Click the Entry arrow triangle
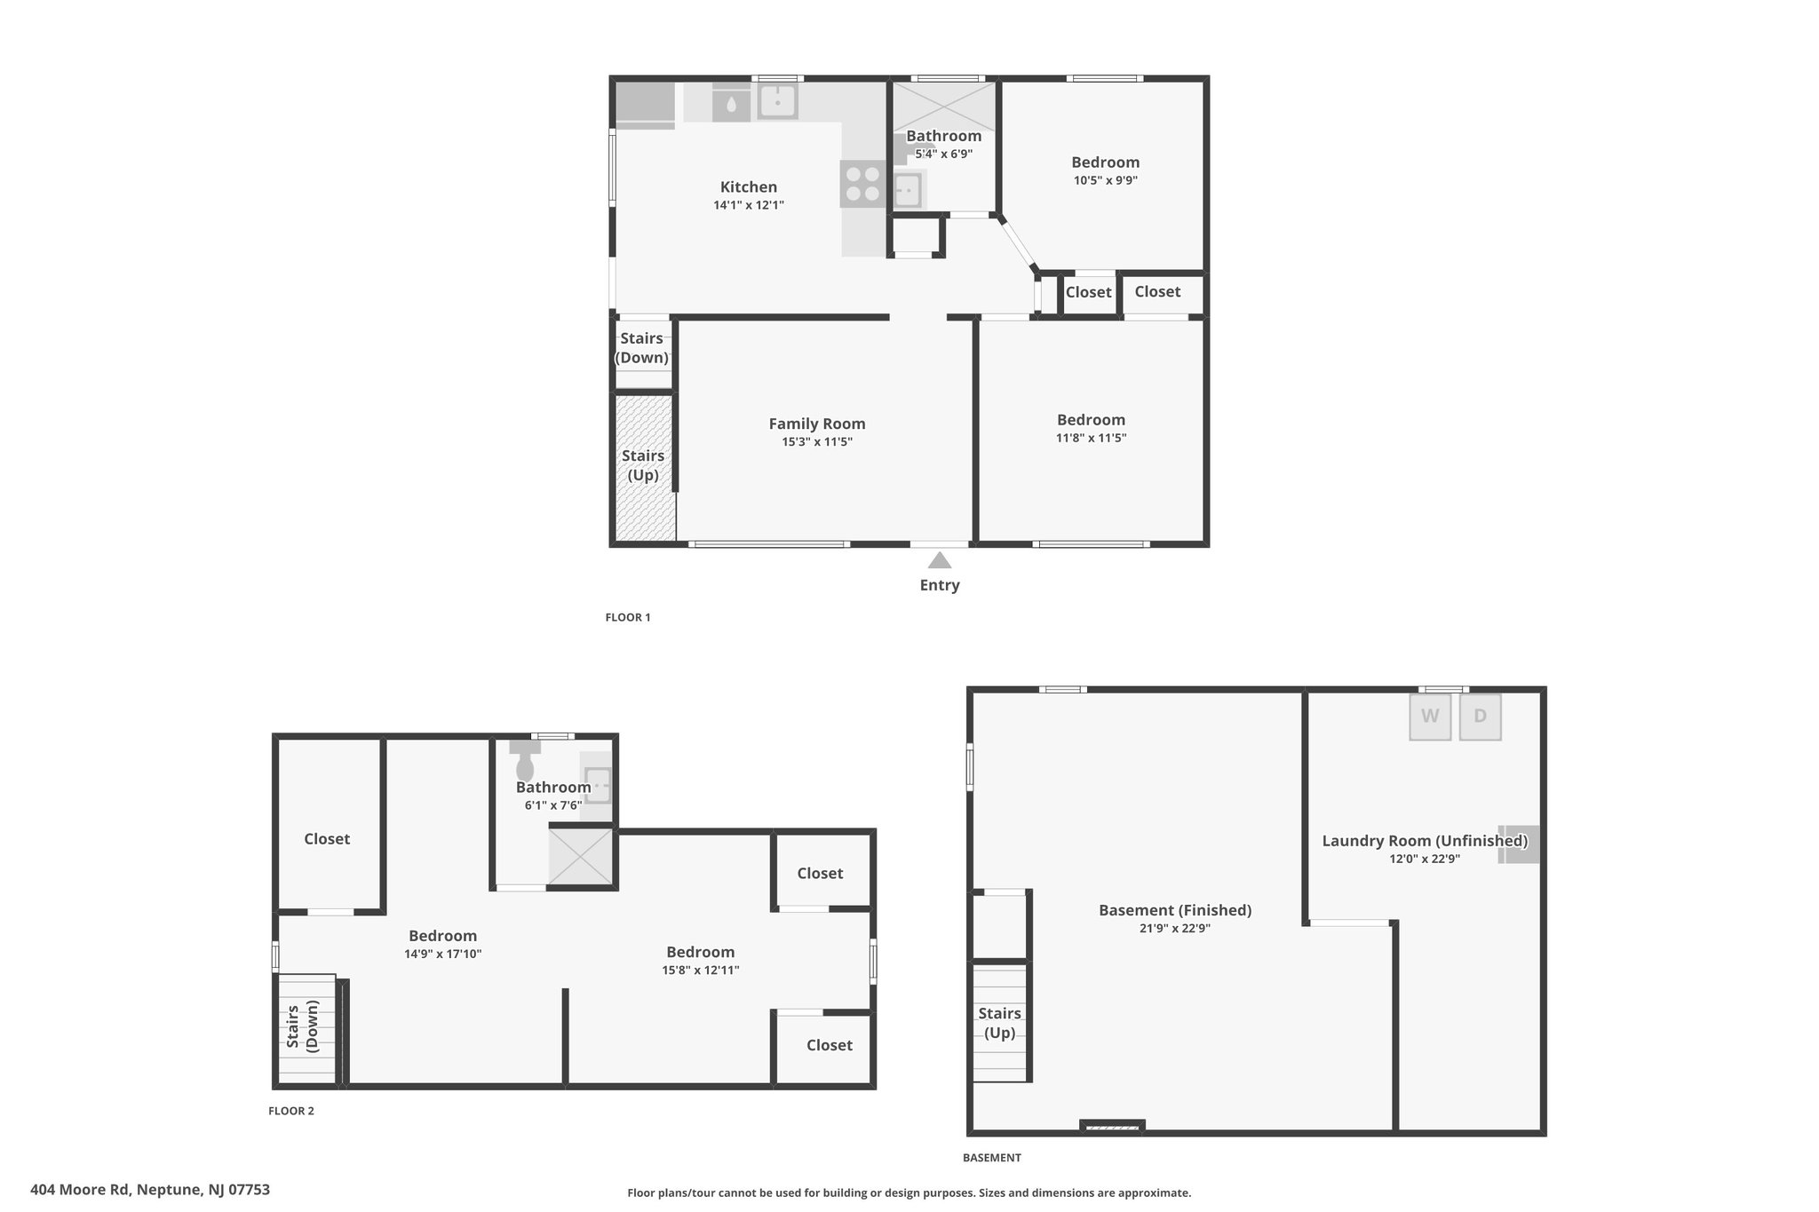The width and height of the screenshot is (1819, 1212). click(940, 560)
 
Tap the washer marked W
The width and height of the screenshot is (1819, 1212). click(1430, 717)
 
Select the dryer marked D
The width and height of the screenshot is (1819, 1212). click(1480, 717)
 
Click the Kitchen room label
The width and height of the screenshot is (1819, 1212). click(749, 186)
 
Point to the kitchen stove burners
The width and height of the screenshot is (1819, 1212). click(862, 184)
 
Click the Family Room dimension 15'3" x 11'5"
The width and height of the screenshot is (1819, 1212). click(817, 441)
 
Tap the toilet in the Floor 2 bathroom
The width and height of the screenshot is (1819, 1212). click(525, 761)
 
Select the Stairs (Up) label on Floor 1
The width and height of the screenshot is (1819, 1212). click(643, 465)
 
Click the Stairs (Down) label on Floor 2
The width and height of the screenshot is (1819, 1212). click(302, 1026)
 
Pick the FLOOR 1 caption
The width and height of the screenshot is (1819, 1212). click(628, 617)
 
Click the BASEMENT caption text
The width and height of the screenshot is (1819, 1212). click(992, 1158)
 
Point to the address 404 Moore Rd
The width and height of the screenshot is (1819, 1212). click(80, 1190)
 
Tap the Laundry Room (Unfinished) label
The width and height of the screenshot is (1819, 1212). click(1425, 840)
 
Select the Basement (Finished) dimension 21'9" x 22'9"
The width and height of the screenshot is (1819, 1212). click(1175, 928)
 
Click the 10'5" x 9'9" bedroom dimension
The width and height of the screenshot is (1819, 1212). click(1106, 180)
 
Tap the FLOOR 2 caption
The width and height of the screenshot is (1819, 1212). click(291, 1111)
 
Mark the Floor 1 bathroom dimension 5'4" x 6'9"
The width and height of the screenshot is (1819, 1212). click(944, 154)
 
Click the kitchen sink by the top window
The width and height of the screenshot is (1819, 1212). click(777, 101)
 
